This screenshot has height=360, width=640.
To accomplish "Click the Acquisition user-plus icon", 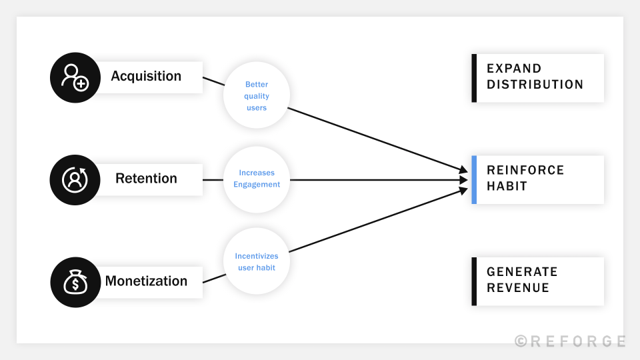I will (x=75, y=77).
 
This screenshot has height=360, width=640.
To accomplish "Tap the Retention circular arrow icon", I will (x=75, y=179).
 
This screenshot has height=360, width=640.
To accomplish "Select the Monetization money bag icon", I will (x=75, y=282).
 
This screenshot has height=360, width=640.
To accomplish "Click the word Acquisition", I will (x=146, y=76).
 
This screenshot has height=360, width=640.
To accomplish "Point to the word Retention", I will (x=146, y=179).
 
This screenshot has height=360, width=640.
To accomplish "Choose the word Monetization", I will (x=146, y=281).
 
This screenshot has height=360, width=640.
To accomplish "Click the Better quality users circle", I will (x=257, y=96).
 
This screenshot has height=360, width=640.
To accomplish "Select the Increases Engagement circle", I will (x=257, y=179).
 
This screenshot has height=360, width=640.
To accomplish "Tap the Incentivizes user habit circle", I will (x=257, y=262).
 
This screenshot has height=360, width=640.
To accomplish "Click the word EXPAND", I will (x=514, y=69).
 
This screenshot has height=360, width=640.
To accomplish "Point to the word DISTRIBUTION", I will (x=535, y=85).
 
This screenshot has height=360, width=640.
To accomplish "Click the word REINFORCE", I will (x=525, y=170).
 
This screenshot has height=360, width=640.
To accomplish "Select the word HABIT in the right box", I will (x=507, y=187).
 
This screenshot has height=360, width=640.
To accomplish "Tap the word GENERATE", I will (x=522, y=272).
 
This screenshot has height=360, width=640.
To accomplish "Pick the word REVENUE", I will (x=518, y=288).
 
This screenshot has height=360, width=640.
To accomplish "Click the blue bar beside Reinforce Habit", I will (x=474, y=180).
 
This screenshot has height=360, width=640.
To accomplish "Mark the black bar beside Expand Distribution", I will (x=474, y=78).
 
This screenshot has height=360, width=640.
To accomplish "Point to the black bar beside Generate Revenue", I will (x=474, y=281).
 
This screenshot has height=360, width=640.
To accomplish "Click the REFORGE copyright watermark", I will (x=570, y=341).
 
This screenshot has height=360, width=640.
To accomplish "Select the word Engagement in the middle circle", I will (x=257, y=185).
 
